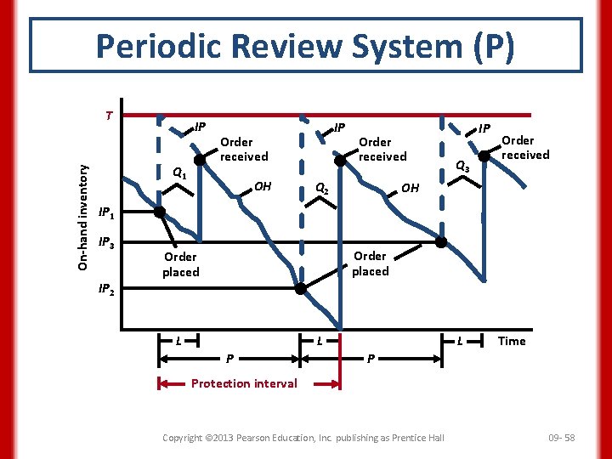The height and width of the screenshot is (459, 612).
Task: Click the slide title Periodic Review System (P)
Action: [x=305, y=47]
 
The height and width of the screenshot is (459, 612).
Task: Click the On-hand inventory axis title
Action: [x=83, y=217]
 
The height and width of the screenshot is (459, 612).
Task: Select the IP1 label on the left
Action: [x=107, y=212]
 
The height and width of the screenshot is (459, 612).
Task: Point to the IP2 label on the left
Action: [x=107, y=289]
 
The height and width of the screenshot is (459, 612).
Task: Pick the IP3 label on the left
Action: [x=107, y=244]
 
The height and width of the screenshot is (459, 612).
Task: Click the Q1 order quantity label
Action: [x=179, y=173]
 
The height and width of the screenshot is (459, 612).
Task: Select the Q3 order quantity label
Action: [x=463, y=167]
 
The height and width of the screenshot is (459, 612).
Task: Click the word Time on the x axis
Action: [x=512, y=341]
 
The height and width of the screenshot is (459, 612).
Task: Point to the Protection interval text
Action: [x=244, y=383]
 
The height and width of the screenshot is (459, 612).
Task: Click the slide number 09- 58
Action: [x=562, y=438]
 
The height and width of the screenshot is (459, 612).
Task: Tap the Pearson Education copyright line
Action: [x=303, y=438]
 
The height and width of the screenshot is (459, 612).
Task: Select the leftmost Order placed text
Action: [x=180, y=264]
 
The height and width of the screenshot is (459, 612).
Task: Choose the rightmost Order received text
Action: [x=524, y=147]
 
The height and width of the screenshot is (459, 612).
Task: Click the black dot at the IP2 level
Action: [x=300, y=289]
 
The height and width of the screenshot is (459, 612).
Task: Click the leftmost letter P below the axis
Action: [x=230, y=358]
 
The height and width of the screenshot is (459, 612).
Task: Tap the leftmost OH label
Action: [x=263, y=185]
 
